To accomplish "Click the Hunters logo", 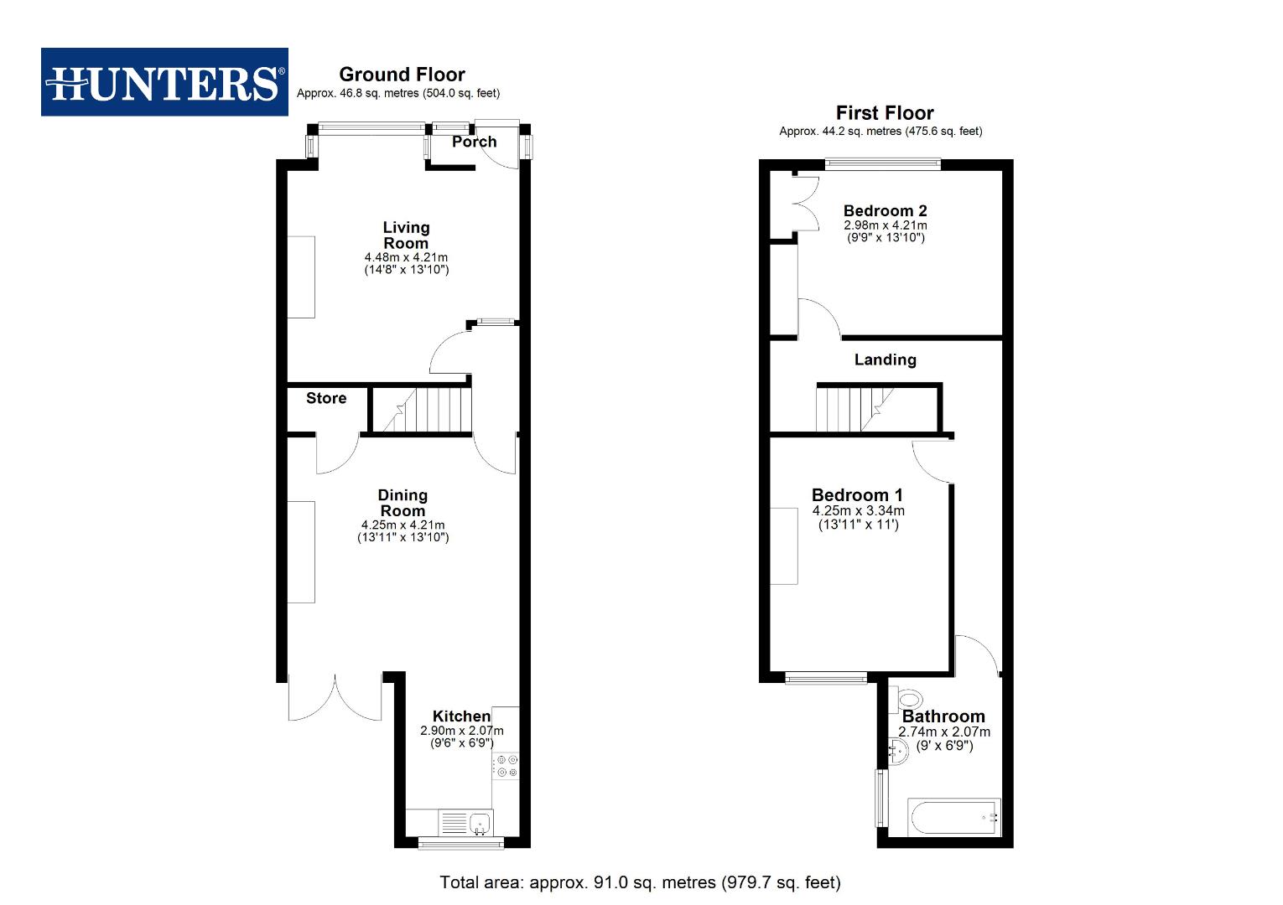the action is pos(164,82).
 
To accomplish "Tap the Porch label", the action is pos(475,142).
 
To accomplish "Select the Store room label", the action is pos(326,398).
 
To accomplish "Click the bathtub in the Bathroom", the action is pos(954,817).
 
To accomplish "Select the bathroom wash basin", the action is pos(898,752).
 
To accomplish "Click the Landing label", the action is pos(885,359).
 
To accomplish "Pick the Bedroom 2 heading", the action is pos(885,210).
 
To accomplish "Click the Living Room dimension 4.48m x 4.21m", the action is pos(406,257).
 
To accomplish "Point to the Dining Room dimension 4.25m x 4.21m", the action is pos(403,525).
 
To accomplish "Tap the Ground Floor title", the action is pos(402,75).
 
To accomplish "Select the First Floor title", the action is pos(885,113).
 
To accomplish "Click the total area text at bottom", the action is pos(640,882).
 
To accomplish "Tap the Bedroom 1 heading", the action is pos(857,495).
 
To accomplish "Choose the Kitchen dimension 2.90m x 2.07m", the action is pos(462,731).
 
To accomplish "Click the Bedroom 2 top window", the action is pos(883,164).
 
